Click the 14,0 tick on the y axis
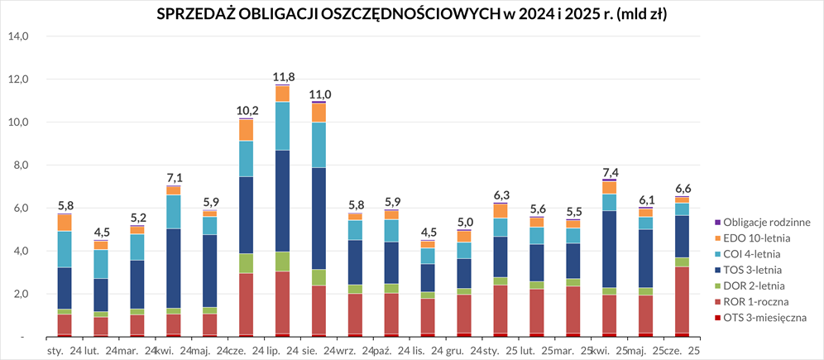point(18,36)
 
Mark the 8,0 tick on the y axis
point(18,166)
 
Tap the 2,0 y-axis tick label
point(18,295)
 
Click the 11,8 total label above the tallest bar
point(283,77)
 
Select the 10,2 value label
point(247,111)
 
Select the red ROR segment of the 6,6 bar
point(683,300)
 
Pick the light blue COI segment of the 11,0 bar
point(319,145)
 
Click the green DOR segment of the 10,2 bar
point(247,263)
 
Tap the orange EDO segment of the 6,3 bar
point(501,211)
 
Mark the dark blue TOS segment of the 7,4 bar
point(610,249)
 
